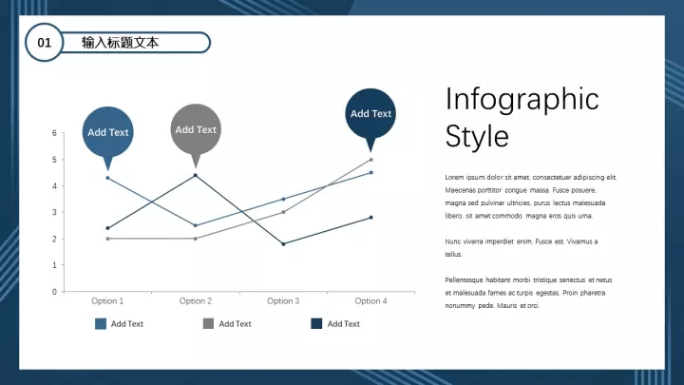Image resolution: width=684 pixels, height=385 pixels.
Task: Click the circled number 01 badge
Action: coord(44,43)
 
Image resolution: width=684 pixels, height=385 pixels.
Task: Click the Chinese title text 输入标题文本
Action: coord(120,43)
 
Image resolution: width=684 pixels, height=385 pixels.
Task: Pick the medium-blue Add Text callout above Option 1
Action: coord(107,134)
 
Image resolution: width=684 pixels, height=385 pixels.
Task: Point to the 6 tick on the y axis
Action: coord(54,133)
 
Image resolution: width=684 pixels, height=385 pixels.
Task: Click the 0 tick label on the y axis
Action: coord(54,292)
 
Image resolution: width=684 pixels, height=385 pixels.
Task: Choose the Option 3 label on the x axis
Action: coord(283,300)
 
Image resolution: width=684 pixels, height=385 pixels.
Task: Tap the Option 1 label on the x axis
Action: coord(107,300)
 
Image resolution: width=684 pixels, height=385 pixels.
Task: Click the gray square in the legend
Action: coord(208,323)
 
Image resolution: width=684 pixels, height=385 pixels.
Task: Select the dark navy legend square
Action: coord(316,323)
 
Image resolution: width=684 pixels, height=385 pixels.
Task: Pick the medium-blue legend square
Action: coord(101,323)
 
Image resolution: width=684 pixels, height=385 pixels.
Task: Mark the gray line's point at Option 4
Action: coord(371,160)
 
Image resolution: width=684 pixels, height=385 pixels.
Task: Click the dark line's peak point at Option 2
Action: coord(196,176)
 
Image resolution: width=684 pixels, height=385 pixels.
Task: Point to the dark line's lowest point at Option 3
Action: coord(283,244)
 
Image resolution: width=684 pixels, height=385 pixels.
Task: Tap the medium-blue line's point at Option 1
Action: coord(107,178)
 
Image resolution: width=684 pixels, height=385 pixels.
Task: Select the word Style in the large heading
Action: coord(477,136)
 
